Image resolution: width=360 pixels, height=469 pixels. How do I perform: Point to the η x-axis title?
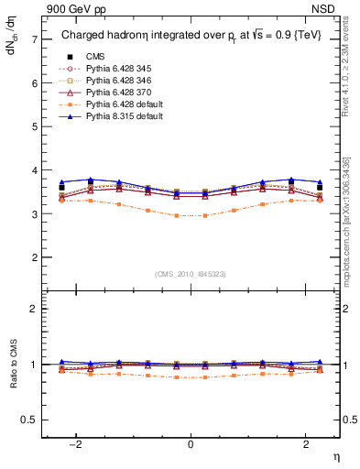335,455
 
